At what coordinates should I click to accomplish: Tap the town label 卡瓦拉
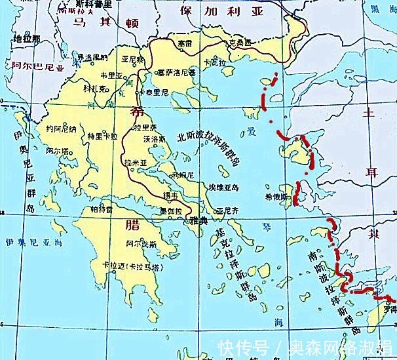click(x=214, y=62)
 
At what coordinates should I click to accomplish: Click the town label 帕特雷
click(x=102, y=209)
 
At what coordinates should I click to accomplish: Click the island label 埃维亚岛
click(x=222, y=187)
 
